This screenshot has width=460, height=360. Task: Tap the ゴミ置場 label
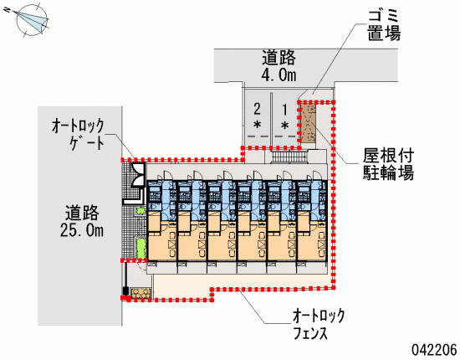(384, 24)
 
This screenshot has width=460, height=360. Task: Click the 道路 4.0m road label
(279, 65)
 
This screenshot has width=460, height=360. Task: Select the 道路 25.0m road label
(82, 221)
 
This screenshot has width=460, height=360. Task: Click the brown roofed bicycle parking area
(309, 124)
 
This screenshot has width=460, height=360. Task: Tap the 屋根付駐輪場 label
(388, 164)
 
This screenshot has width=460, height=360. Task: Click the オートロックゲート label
(78, 134)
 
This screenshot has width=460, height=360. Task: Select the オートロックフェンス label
(319, 324)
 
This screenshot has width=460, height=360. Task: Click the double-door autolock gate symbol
(138, 175)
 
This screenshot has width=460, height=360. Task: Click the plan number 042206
(434, 350)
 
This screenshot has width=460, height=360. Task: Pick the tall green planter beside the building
(141, 249)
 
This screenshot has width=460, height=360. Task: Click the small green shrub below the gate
(141, 210)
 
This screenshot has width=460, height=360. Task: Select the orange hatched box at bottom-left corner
(141, 293)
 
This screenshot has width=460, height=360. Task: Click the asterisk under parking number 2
(258, 126)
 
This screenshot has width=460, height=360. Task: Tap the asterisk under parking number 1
(284, 126)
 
